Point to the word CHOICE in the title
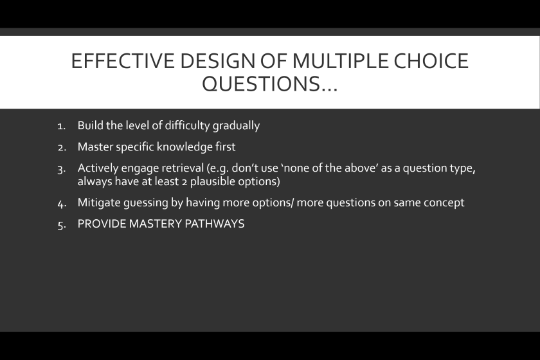(x=431, y=61)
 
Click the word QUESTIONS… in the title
(x=269, y=84)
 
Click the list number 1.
(x=61, y=127)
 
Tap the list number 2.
(x=62, y=148)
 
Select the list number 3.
(x=62, y=170)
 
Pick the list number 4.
(x=62, y=204)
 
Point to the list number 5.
(x=62, y=225)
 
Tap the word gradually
(x=237, y=126)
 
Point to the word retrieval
(x=183, y=168)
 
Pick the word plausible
(x=212, y=181)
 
